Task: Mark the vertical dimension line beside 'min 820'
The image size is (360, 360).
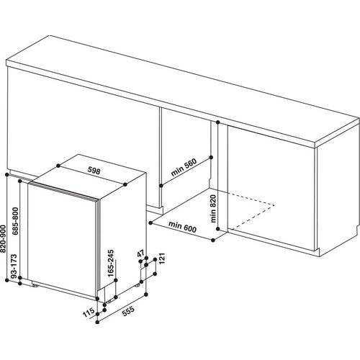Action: [x=218, y=194]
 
